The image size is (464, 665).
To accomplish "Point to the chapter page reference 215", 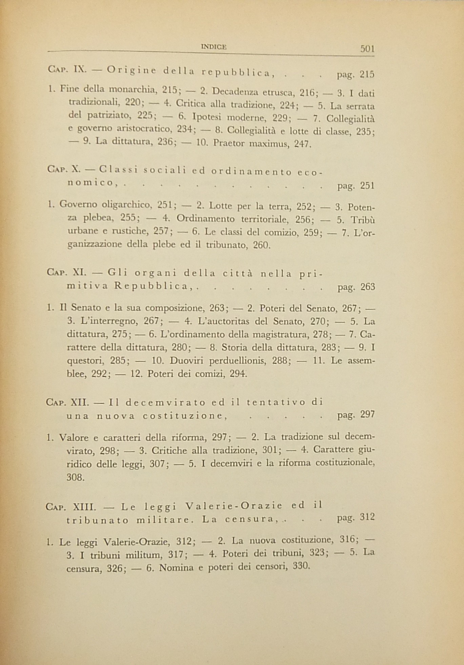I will [367, 74].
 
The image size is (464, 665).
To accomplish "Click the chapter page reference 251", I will [367, 185].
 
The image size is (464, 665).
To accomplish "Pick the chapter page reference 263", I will [368, 287].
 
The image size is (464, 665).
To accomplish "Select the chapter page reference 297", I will [367, 414].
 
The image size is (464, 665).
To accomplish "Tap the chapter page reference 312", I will [367, 517].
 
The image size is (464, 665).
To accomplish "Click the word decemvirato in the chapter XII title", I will [165, 403].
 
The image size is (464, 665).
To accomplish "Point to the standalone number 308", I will [75, 478].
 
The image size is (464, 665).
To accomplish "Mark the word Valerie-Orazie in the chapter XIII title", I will [234, 506].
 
